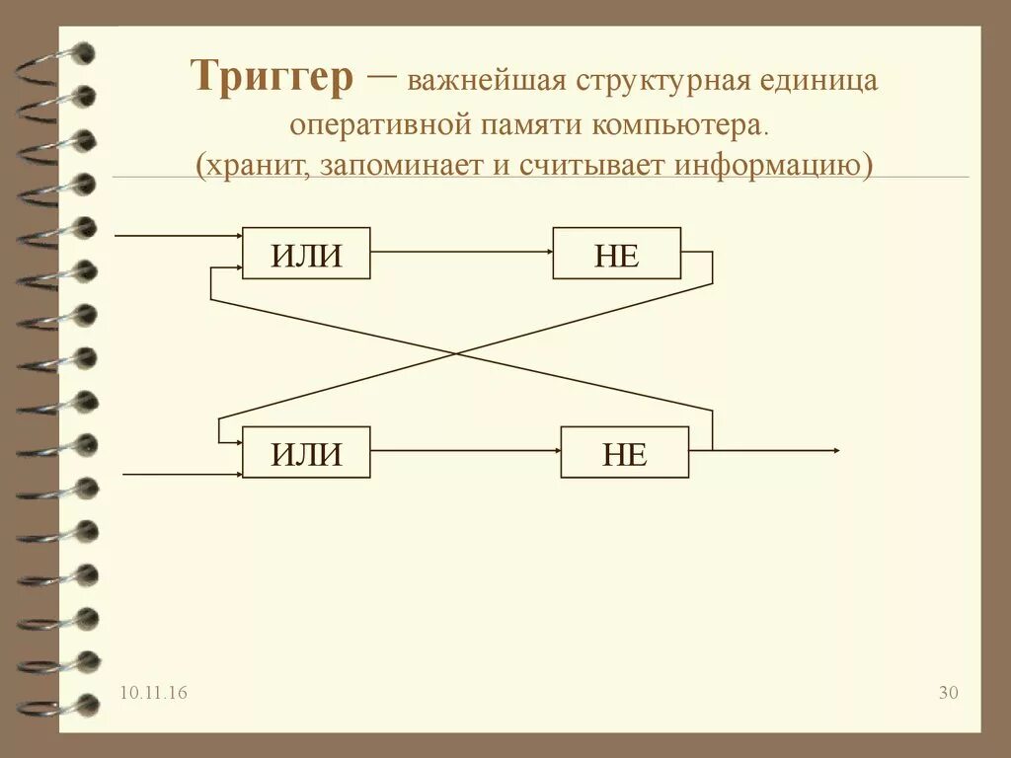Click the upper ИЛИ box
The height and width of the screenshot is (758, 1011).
point(306,254)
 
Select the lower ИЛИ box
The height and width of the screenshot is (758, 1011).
point(306,453)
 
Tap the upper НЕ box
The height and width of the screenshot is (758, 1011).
point(616,254)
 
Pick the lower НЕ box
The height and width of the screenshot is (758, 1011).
point(624,453)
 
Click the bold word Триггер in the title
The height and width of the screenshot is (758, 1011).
point(272,77)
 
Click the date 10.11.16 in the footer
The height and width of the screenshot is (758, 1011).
point(154,694)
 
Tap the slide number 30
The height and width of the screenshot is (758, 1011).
point(948,694)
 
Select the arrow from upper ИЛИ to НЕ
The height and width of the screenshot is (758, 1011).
point(461,253)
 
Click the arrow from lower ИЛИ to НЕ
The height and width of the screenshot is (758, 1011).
point(465,451)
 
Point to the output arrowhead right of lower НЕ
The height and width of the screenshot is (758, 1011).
point(835,451)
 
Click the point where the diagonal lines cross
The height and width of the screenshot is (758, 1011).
point(457,353)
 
